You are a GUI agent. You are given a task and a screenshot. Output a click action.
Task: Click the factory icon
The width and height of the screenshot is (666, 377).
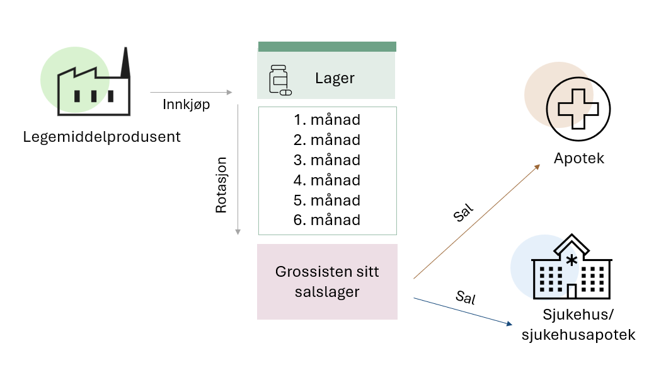tap(95, 85)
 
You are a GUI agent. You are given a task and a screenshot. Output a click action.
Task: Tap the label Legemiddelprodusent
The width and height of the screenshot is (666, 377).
tap(102, 137)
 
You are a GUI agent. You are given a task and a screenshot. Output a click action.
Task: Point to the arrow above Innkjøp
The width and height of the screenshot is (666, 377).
tap(191, 93)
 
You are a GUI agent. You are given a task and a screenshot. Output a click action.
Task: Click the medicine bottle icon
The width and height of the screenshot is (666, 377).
tap(279, 80)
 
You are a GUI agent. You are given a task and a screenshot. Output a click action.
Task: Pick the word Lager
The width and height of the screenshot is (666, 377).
tap(335, 79)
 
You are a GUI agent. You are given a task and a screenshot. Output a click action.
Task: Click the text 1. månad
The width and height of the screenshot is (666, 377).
tap(327, 119)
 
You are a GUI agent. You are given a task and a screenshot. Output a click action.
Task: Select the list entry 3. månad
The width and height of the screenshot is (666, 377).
tap(327, 159)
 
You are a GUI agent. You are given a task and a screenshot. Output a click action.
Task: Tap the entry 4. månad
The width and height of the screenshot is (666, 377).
tap(327, 180)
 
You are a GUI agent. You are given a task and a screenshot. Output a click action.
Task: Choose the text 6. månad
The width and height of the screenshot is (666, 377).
tap(327, 220)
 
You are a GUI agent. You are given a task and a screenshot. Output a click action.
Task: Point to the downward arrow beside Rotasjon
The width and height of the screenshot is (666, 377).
tap(238, 170)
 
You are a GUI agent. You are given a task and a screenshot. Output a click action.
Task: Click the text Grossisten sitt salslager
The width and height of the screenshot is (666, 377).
tap(327, 281)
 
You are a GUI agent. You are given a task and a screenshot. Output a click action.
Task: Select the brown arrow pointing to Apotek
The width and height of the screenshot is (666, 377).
tap(476, 221)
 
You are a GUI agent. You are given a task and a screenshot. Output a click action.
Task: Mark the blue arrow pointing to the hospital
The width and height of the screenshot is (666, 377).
tap(462, 311)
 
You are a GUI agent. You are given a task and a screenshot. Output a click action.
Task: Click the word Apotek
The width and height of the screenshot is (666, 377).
tap(579, 158)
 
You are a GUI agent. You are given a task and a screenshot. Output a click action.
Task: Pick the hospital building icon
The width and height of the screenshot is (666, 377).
tap(571, 268)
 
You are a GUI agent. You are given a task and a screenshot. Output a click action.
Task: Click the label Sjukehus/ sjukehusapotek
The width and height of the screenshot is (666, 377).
tap(578, 325)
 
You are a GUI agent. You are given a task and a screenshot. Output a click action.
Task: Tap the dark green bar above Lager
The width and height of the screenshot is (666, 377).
tap(327, 47)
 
